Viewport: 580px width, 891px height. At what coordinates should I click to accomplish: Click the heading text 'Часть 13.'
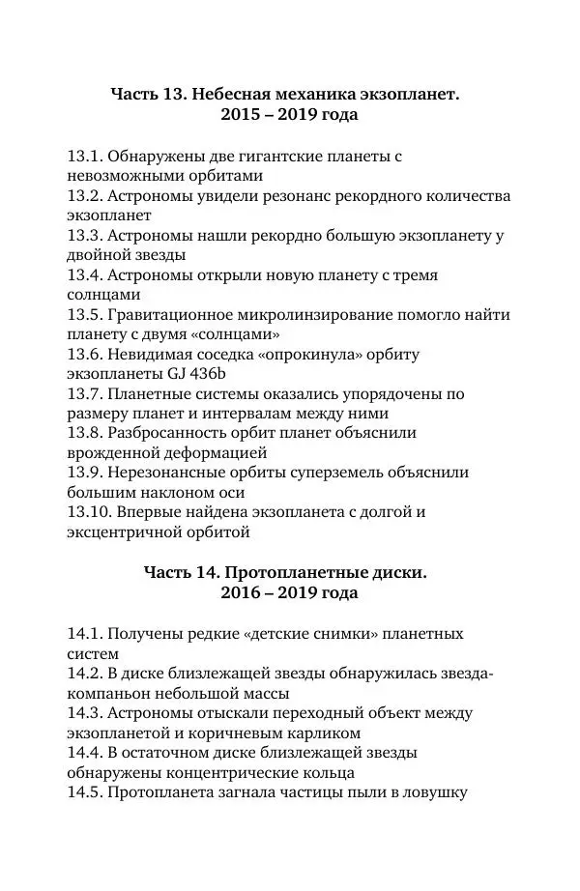(148, 95)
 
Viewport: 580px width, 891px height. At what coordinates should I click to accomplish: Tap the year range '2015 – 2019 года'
(290, 116)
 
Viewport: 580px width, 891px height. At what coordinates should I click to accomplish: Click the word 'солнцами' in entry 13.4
(97, 296)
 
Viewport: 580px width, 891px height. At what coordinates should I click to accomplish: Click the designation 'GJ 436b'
(194, 375)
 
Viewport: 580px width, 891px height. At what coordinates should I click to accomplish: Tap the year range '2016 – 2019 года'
(290, 593)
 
